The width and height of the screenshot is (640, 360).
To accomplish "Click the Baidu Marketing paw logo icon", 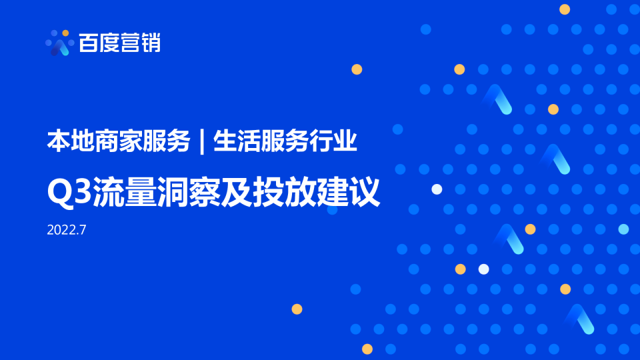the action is (59, 43).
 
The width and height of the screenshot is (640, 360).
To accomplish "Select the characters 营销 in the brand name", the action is (141, 43).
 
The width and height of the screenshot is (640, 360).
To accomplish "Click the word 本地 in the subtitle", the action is (71, 141).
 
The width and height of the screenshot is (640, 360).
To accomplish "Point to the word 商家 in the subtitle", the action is (119, 141).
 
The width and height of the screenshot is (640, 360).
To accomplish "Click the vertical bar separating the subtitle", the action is (202, 141).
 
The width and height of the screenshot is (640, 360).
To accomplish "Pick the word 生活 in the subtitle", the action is (237, 141).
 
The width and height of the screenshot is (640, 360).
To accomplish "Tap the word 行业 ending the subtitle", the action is (333, 141).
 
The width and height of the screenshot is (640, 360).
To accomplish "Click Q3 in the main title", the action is (69, 192).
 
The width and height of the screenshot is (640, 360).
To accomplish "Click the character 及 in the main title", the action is (236, 192).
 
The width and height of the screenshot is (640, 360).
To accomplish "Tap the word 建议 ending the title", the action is (348, 192).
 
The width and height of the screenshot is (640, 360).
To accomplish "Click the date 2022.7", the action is (67, 230).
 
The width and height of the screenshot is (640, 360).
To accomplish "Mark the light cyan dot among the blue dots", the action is (623, 229).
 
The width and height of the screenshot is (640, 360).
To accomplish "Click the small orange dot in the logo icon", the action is (65, 33).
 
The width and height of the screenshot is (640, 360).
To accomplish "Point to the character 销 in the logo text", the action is (151, 43).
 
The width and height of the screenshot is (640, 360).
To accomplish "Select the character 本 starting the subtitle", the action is (59, 141).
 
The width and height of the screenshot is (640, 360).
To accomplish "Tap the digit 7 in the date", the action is (83, 230).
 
